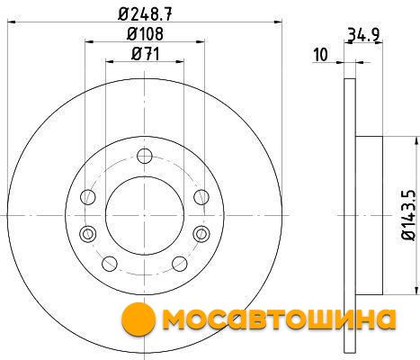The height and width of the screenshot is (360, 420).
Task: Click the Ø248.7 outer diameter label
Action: (x=145, y=13)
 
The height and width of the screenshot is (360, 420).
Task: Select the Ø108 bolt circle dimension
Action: (x=145, y=34)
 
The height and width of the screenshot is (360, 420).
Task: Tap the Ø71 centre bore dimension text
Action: (x=145, y=54)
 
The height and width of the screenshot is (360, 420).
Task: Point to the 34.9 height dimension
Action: (x=363, y=35)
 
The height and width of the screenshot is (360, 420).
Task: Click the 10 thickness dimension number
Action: (x=320, y=55)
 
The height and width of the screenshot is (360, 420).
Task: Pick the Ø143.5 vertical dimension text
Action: (x=409, y=215)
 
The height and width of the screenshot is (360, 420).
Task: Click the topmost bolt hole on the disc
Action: (x=145, y=156)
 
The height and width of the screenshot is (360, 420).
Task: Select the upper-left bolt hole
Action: (x=88, y=197)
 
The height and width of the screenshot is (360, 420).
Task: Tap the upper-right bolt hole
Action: (x=201, y=197)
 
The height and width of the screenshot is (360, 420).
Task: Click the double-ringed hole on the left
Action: (x=88, y=234)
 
